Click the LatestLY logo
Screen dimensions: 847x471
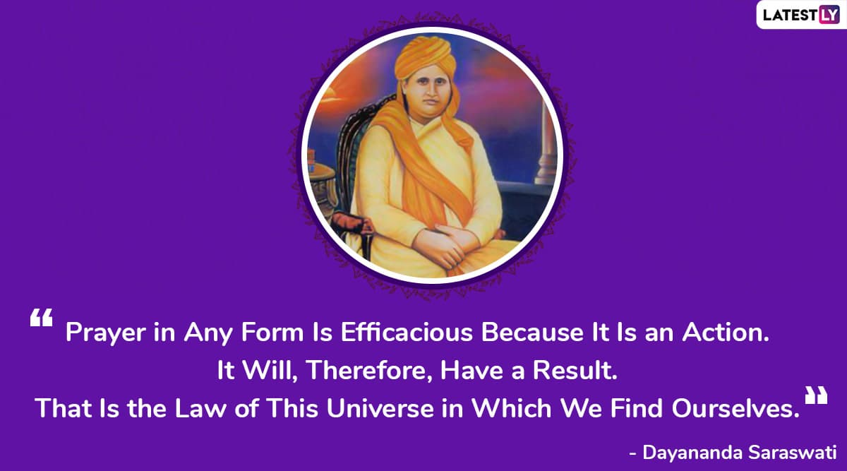coord(801,15)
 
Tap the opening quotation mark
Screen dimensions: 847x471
coord(41,317)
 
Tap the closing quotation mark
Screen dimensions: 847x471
coord(816,395)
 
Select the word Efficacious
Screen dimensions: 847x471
coord(407,332)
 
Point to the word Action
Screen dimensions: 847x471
coord(726,332)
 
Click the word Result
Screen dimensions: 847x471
coord(575,370)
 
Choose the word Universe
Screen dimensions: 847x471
coord(380,408)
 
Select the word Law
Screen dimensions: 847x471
coord(200,408)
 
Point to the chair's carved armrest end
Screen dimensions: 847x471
coord(352,223)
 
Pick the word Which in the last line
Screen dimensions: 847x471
coord(512,408)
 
